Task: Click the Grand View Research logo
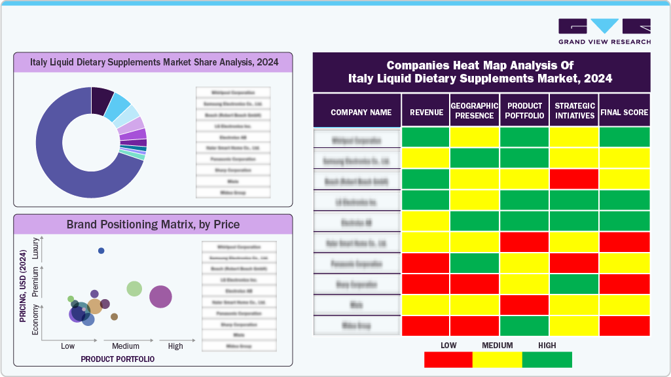604,31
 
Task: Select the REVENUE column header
426,113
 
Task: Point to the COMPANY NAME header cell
361,113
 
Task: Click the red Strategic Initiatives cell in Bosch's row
573,179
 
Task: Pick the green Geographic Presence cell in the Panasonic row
475,263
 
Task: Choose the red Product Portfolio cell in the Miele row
524,304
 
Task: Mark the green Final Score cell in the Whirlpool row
625,137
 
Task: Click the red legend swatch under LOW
448,359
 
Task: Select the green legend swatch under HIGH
547,359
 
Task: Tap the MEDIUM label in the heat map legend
497,346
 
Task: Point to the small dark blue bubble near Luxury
101,251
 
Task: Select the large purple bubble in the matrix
160,296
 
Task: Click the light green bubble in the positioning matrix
134,289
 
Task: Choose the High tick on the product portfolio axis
175,346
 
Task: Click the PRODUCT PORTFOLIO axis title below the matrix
117,359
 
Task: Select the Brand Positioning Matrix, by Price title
153,224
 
